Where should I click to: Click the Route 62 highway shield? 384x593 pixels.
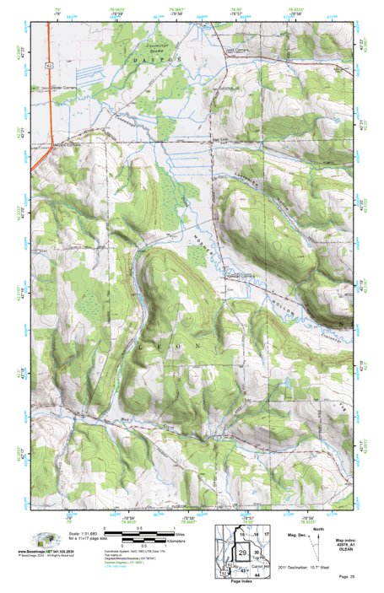coord(51,63)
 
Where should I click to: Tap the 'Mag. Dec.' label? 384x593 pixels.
coord(300,536)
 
